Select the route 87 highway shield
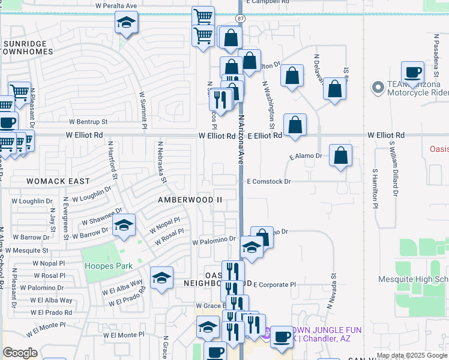(240, 19)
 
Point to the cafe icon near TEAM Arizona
(412, 73)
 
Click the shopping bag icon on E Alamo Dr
(340, 155)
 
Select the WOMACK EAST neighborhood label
(58, 181)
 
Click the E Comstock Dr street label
(268, 181)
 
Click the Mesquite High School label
(413, 279)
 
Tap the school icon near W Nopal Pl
(124, 226)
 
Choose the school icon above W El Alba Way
(161, 278)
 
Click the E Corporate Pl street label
(275, 284)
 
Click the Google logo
(20, 353)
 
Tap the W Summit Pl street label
(144, 110)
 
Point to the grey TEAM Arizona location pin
(378, 88)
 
